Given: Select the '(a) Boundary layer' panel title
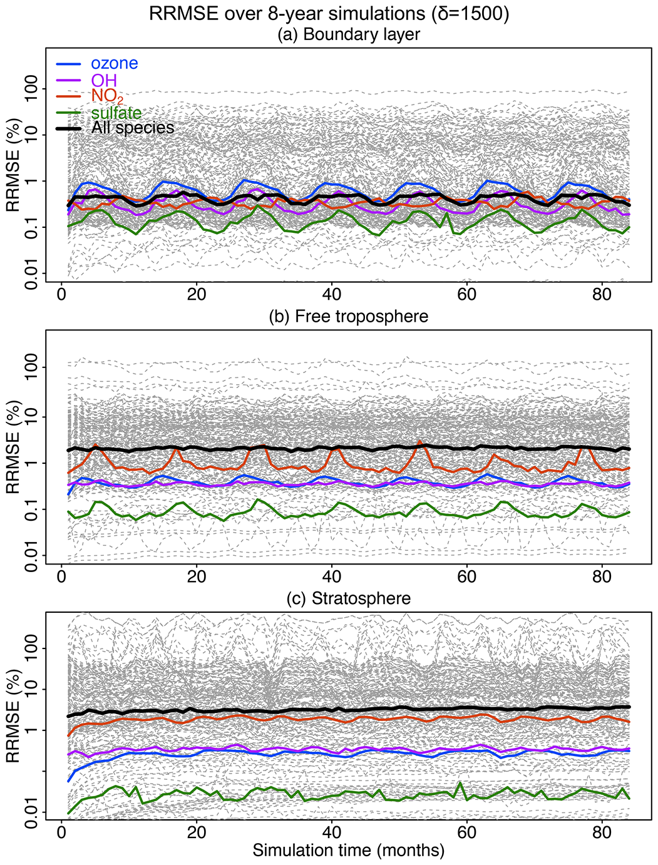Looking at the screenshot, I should point(349,34).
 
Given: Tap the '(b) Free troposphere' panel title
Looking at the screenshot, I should point(349,317).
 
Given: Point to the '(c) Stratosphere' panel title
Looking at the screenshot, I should point(349,599).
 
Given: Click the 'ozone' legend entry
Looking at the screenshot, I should point(115,63).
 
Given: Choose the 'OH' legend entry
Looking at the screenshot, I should point(104,80).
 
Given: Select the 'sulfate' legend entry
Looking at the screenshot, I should point(116,113).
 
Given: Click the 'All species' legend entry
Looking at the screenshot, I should point(133,128).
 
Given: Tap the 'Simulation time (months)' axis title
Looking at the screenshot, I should point(349,851).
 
